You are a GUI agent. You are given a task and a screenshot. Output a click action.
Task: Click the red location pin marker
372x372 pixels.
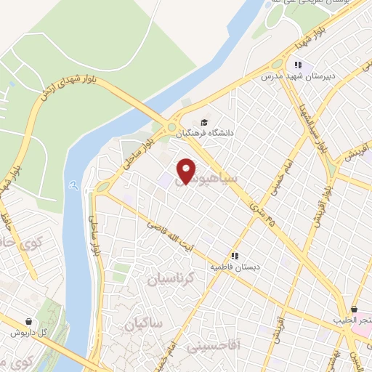(x=187, y=170)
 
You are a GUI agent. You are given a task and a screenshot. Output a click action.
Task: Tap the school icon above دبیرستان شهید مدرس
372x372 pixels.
(x=298, y=65)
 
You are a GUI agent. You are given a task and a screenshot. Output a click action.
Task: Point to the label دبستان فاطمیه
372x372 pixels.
(x=235, y=267)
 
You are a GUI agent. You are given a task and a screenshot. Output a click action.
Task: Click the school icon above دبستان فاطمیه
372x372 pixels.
(x=235, y=256)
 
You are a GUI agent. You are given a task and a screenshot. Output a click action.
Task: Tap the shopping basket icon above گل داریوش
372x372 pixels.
(x=28, y=321)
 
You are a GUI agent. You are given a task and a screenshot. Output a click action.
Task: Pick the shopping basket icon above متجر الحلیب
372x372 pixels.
(x=354, y=310)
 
